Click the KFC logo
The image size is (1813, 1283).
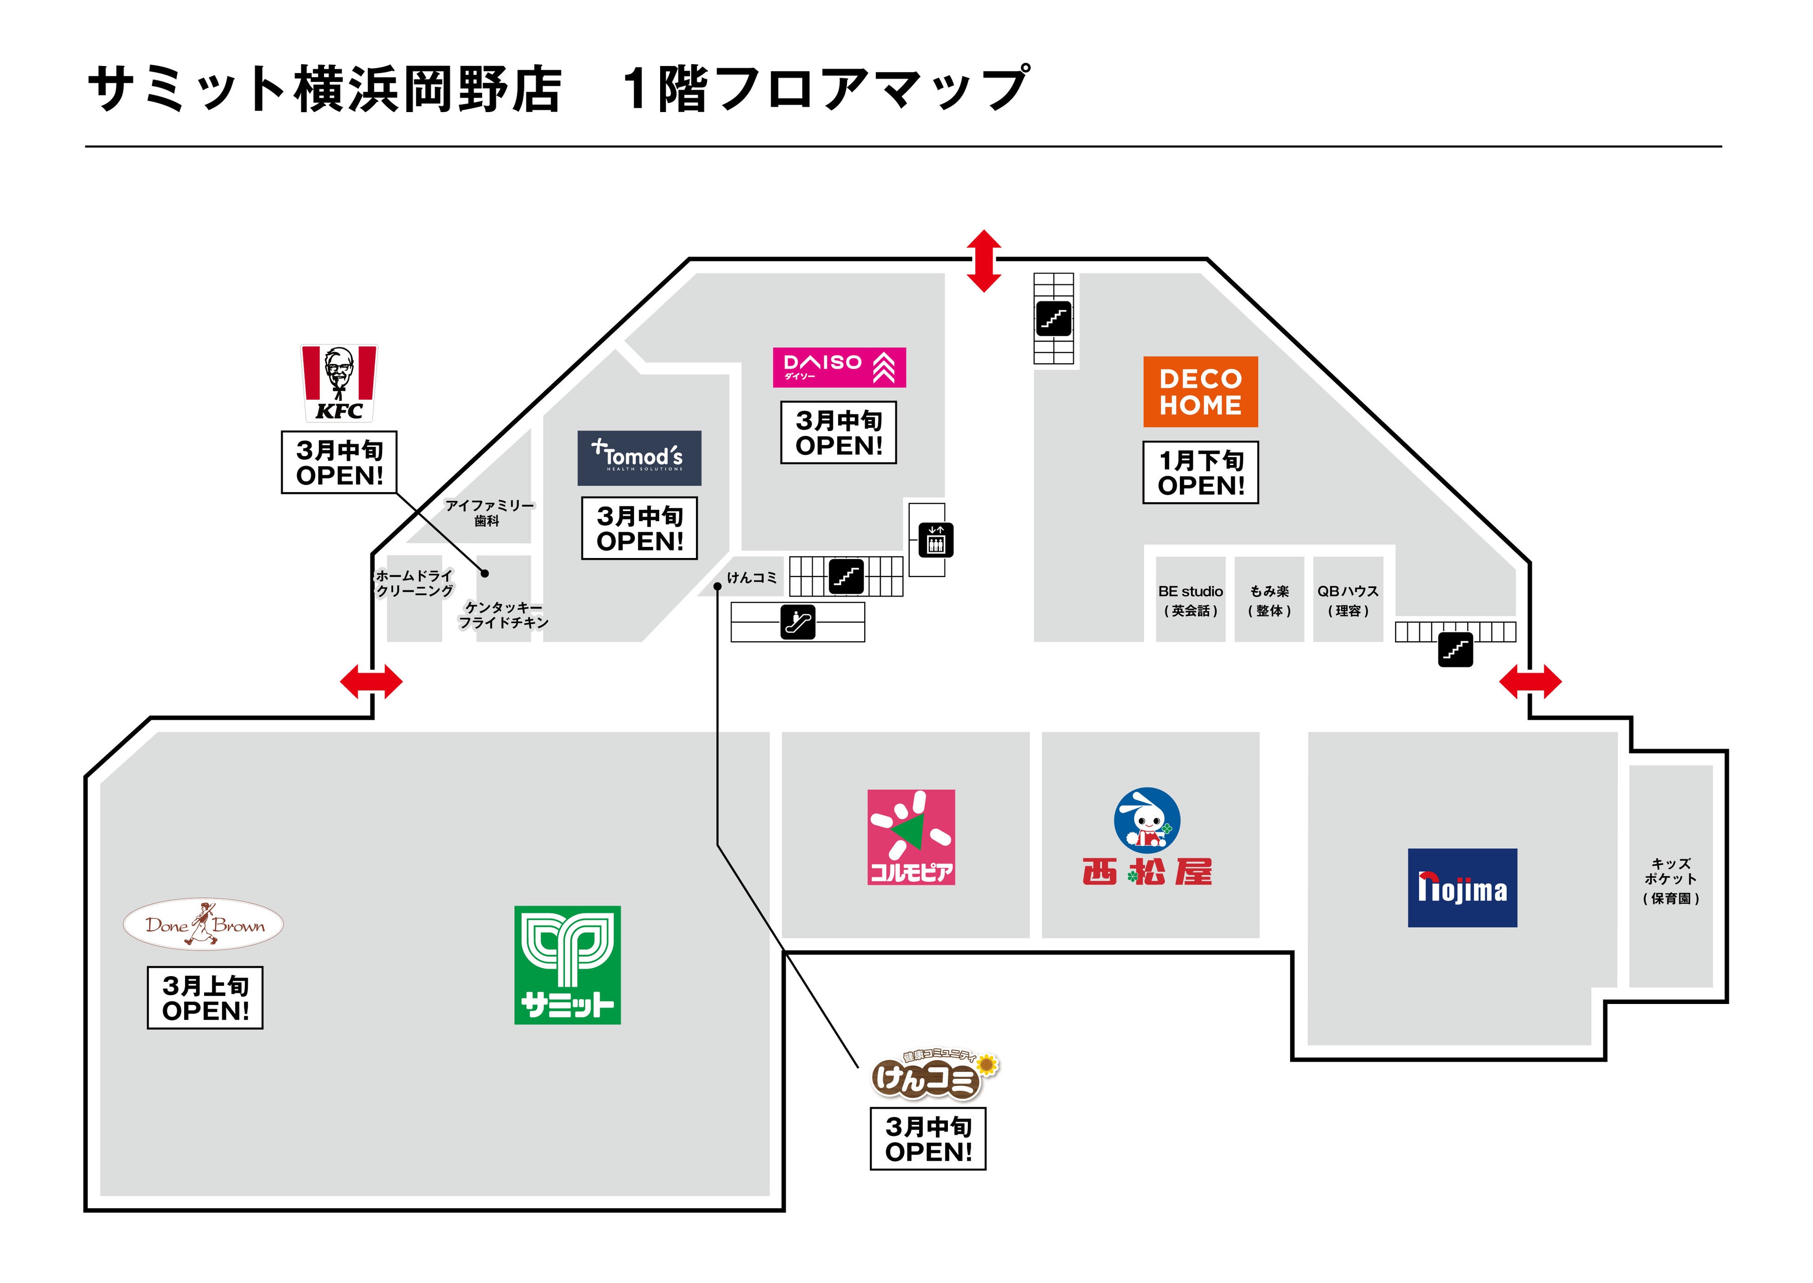tap(339, 383)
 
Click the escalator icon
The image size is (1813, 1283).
tap(798, 622)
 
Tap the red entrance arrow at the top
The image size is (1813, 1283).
tap(984, 261)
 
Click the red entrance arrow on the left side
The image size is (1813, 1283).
tap(371, 681)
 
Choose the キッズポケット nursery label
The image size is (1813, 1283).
tap(1670, 880)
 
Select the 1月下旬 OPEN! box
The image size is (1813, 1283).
tap(1200, 472)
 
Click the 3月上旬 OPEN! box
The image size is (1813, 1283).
tap(205, 998)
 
